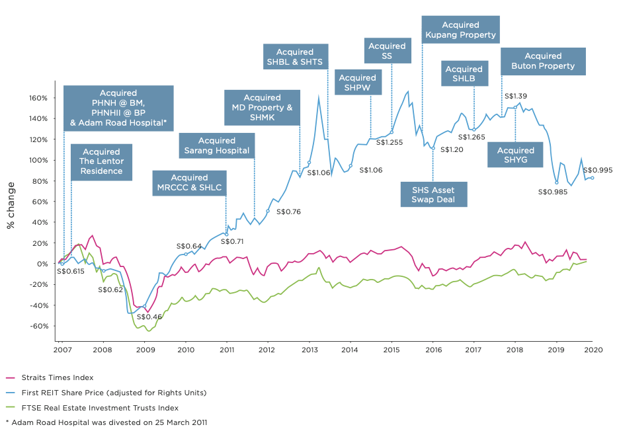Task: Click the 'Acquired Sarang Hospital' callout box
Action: coord(216,145)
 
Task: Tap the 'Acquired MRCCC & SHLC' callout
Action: coord(189,182)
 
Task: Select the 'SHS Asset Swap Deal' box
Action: coord(433,194)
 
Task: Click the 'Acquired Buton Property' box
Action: coord(543,61)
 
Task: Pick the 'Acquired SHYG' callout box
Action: coord(515,155)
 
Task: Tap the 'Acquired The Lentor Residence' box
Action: coord(103,161)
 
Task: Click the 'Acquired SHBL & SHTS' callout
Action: coord(296,56)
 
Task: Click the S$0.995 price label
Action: coord(597,170)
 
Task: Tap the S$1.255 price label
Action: coord(390,141)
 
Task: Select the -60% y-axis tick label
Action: coord(37,326)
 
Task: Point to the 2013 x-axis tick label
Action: coord(309,350)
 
